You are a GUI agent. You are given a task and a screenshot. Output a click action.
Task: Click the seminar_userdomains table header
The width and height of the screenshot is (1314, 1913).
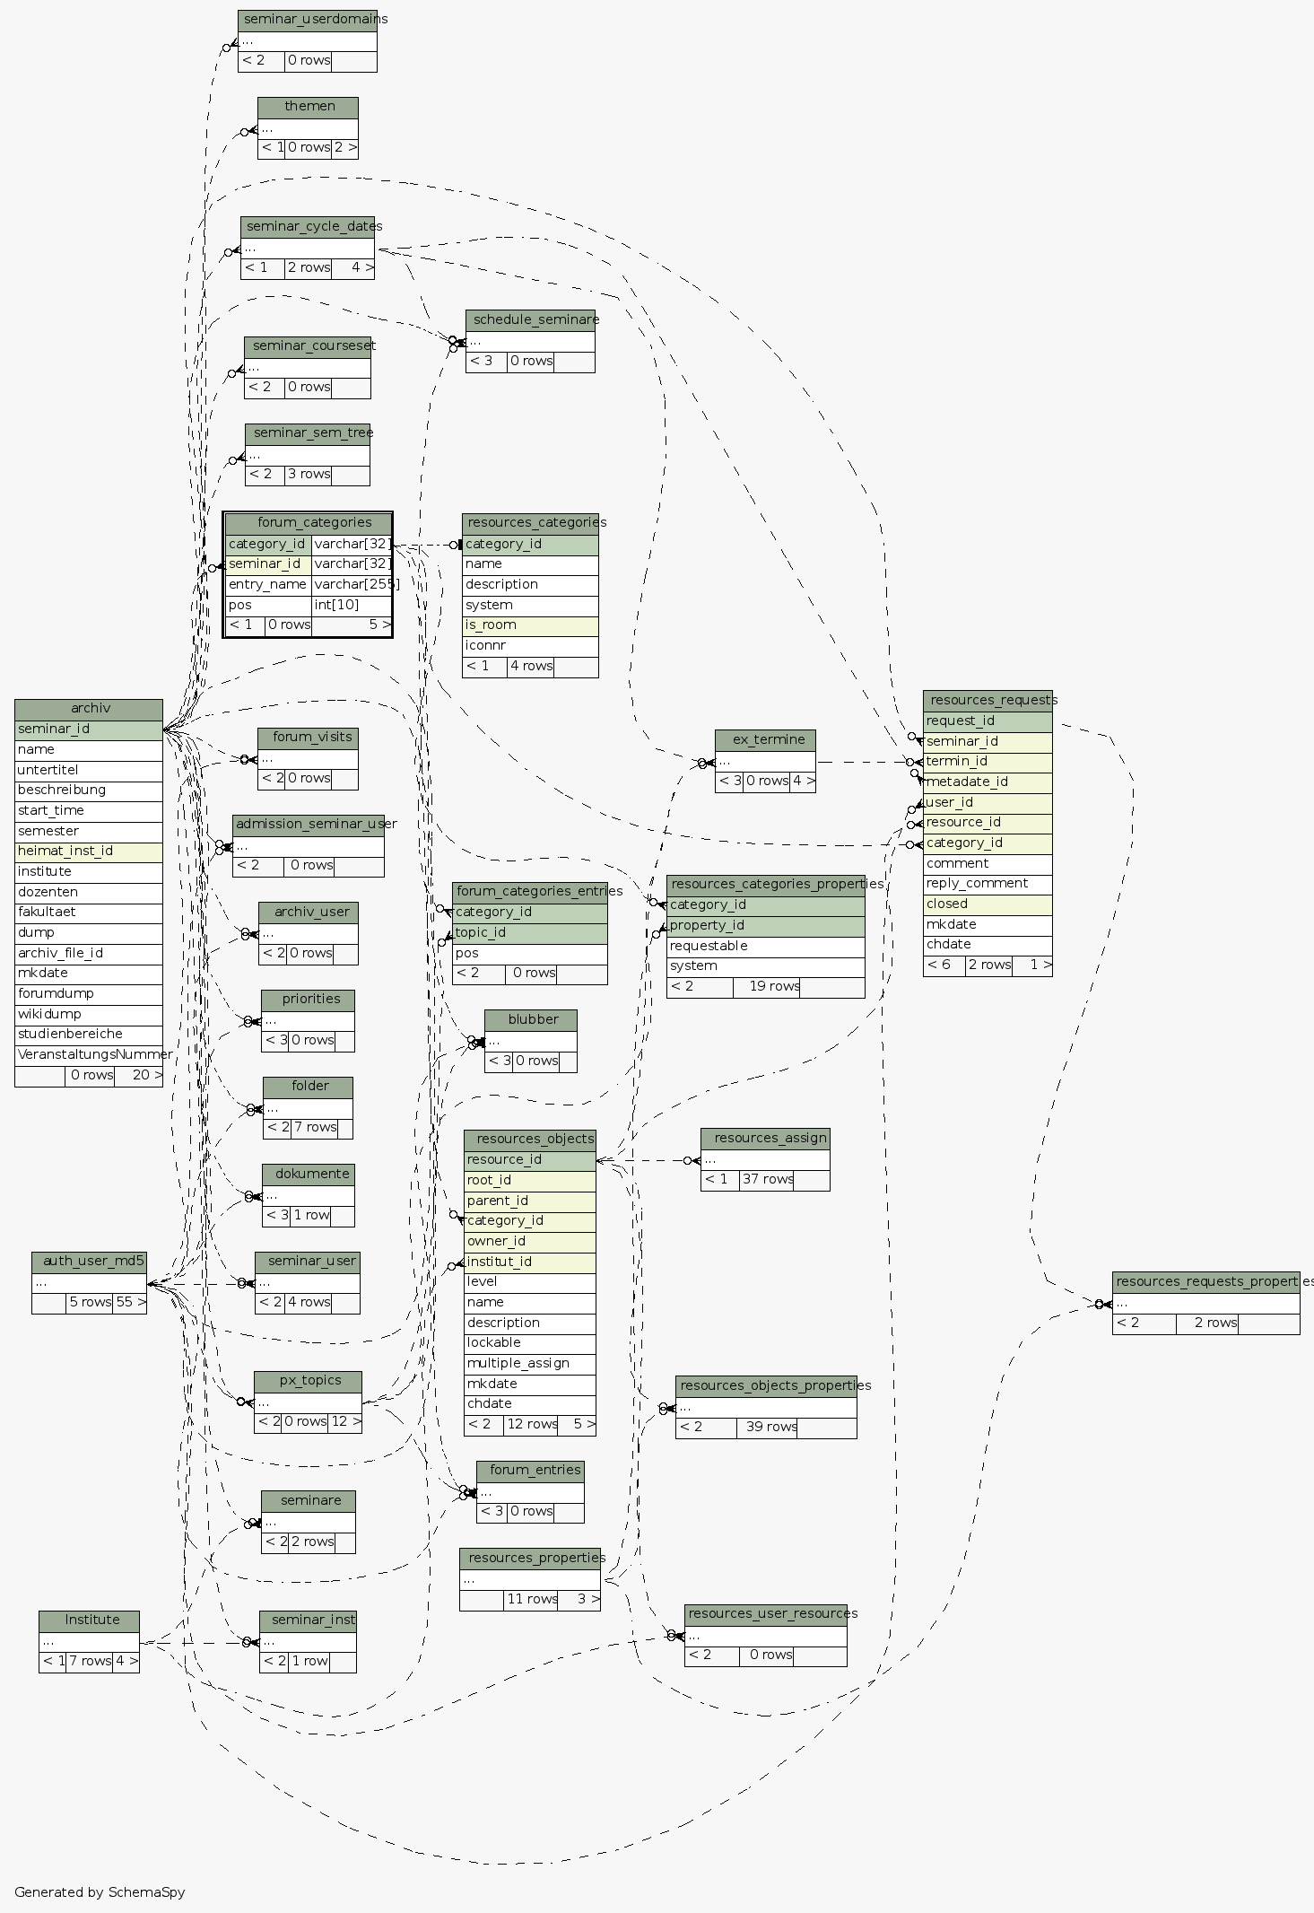click(308, 20)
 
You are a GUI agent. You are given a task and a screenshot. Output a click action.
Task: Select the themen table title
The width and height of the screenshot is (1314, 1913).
click(308, 107)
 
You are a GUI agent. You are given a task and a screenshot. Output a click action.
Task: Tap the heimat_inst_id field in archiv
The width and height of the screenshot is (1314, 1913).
click(88, 852)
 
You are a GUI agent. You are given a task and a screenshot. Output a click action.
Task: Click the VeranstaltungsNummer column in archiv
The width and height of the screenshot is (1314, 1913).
click(88, 1054)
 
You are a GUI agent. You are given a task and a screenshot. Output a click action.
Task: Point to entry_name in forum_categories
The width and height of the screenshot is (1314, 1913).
click(267, 585)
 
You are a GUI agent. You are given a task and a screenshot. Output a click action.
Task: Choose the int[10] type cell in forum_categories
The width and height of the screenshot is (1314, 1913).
click(351, 605)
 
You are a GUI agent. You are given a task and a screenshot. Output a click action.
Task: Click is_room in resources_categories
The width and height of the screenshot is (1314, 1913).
click(529, 625)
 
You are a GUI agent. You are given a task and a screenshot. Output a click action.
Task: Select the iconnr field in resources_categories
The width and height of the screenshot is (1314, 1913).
click(529, 646)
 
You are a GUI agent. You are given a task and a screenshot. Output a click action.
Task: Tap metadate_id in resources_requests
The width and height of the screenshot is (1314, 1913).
click(987, 782)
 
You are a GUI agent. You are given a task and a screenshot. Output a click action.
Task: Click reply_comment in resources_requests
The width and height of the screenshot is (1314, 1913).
click(987, 884)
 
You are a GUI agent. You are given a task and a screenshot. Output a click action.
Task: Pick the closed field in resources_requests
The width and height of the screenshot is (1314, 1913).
click(987, 904)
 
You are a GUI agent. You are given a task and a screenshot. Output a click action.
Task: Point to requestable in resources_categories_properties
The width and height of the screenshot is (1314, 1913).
click(764, 947)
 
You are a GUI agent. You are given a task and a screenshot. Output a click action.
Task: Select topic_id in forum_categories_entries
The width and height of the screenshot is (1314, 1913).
click(529, 933)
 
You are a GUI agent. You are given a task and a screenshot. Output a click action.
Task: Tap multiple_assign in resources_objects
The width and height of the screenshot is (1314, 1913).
click(529, 1364)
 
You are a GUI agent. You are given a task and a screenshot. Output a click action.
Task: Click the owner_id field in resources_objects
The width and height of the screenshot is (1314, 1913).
click(529, 1242)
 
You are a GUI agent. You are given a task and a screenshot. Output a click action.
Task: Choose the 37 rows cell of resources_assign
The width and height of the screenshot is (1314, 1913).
click(766, 1180)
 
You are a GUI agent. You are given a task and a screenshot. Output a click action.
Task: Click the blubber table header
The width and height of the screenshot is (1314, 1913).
click(531, 1020)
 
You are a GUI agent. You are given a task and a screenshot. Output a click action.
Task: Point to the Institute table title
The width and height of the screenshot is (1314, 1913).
click(90, 1620)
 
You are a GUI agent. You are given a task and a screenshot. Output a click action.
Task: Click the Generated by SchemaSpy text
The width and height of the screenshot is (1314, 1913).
click(100, 1892)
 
